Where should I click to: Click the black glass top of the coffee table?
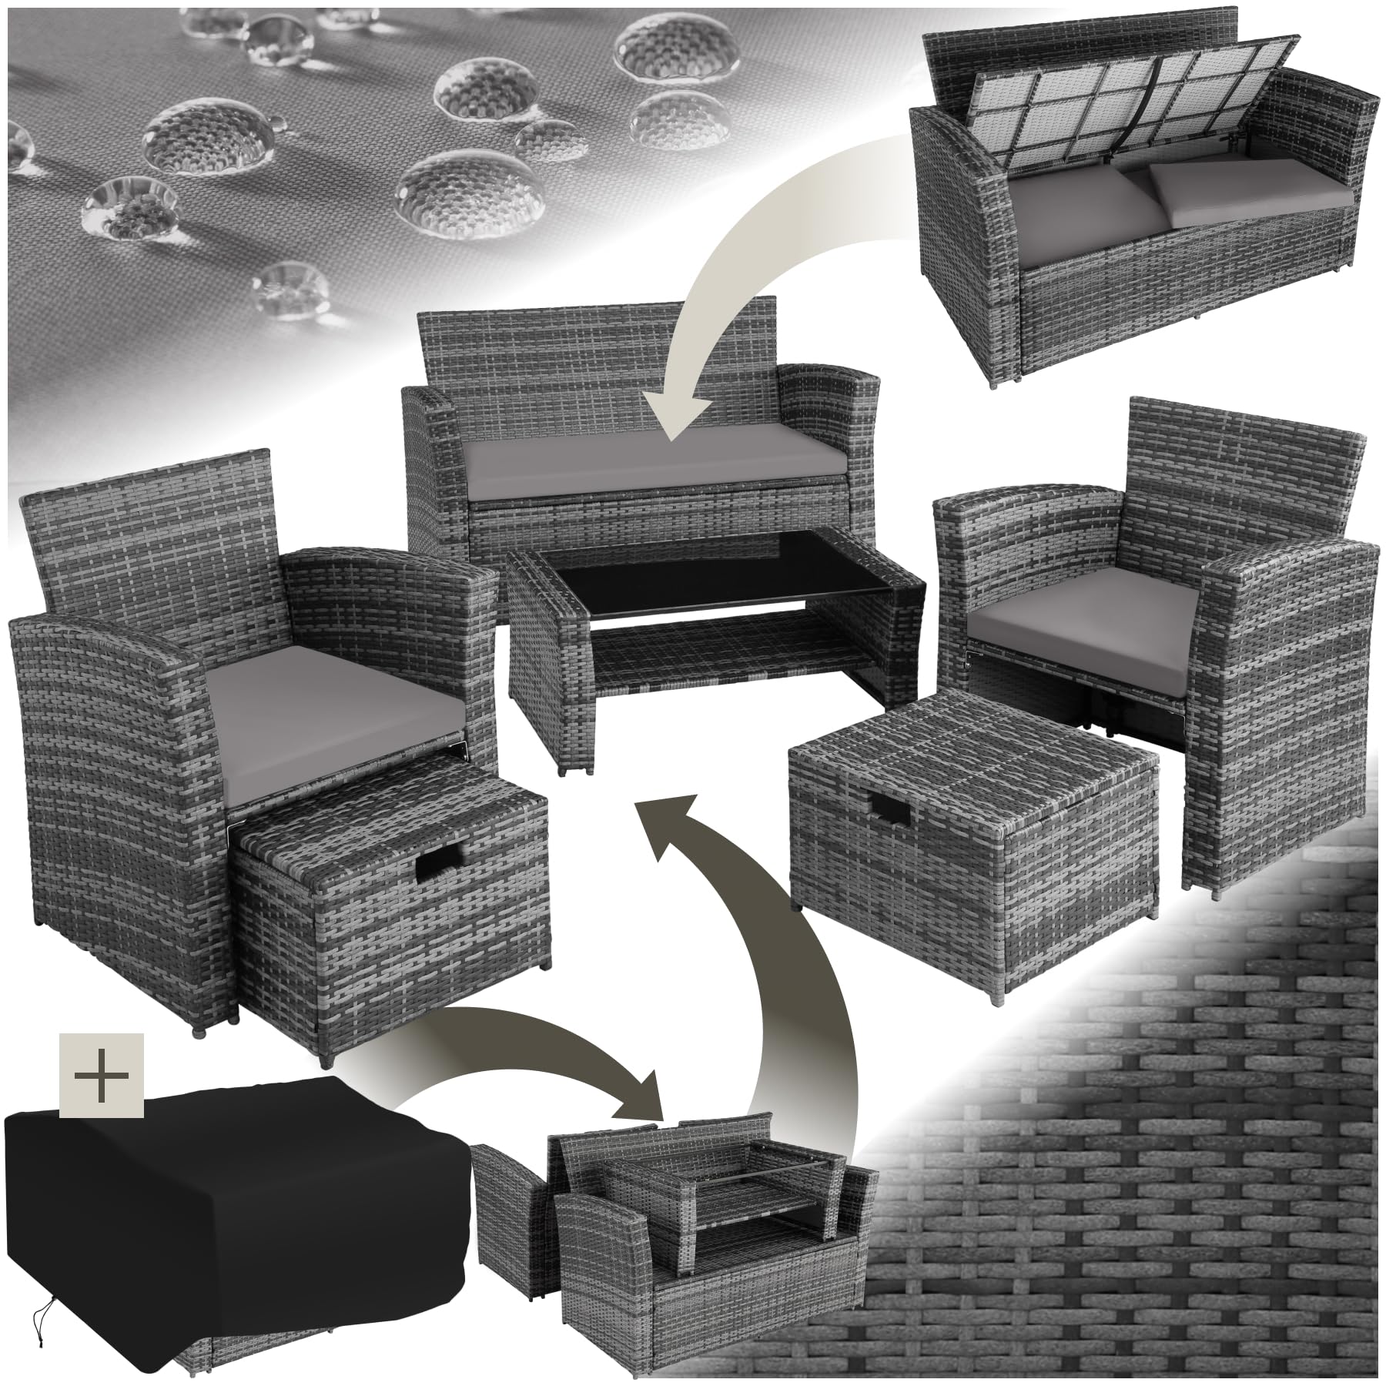tap(708, 585)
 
